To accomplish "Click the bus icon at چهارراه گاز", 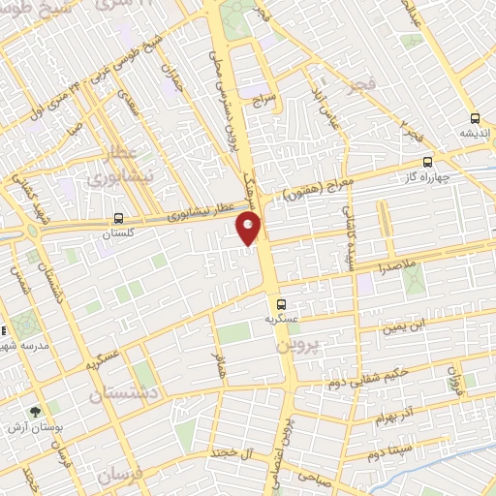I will [x=428, y=163].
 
